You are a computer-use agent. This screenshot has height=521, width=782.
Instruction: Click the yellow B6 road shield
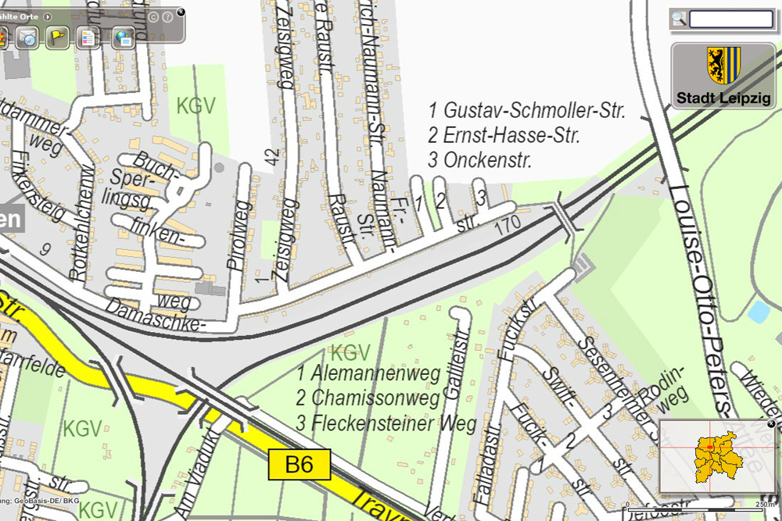(x=300, y=466)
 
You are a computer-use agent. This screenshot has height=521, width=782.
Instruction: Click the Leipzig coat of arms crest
(x=723, y=65)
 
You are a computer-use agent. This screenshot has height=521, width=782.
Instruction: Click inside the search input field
(x=730, y=19)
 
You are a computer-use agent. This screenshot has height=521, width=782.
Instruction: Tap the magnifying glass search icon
(x=679, y=19)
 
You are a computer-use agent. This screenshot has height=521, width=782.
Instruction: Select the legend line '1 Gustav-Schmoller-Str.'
(x=527, y=111)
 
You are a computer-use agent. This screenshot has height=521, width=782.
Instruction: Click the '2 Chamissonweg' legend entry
(x=368, y=398)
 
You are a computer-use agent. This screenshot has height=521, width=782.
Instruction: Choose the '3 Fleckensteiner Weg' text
(x=386, y=424)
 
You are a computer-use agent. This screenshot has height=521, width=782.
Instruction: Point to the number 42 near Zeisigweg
(x=272, y=157)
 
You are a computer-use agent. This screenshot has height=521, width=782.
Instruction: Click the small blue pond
(x=758, y=312)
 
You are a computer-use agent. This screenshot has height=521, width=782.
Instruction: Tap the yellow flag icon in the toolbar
(x=56, y=36)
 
